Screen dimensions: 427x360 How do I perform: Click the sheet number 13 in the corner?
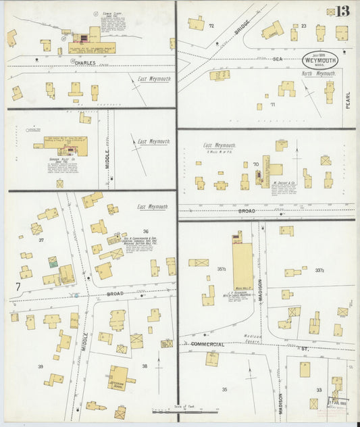point(342,11)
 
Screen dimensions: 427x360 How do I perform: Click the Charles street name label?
point(85,63)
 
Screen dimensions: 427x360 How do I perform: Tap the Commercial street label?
point(208,344)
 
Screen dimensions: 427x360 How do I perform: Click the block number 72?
point(211,26)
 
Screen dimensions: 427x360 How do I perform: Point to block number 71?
point(272,105)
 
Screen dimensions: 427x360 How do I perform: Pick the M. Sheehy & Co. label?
point(285,182)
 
